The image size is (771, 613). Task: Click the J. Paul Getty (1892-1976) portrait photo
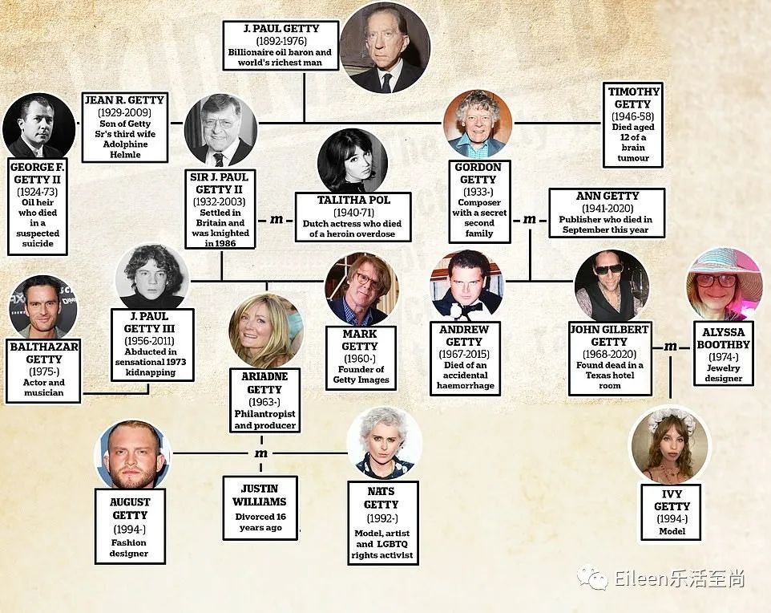click(385, 47)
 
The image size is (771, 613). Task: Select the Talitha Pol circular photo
click(353, 161)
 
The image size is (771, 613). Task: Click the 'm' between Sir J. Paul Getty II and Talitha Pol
click(277, 219)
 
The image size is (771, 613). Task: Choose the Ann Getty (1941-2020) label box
click(607, 213)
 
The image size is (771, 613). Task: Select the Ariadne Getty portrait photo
click(265, 330)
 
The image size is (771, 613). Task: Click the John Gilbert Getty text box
click(608, 359)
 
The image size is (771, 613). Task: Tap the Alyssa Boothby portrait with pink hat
click(724, 284)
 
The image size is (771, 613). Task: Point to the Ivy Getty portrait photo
click(670, 446)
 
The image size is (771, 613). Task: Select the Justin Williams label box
click(260, 507)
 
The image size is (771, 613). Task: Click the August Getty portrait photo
click(131, 455)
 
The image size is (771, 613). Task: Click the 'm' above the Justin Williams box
click(260, 454)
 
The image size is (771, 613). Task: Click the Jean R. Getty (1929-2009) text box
click(124, 127)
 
